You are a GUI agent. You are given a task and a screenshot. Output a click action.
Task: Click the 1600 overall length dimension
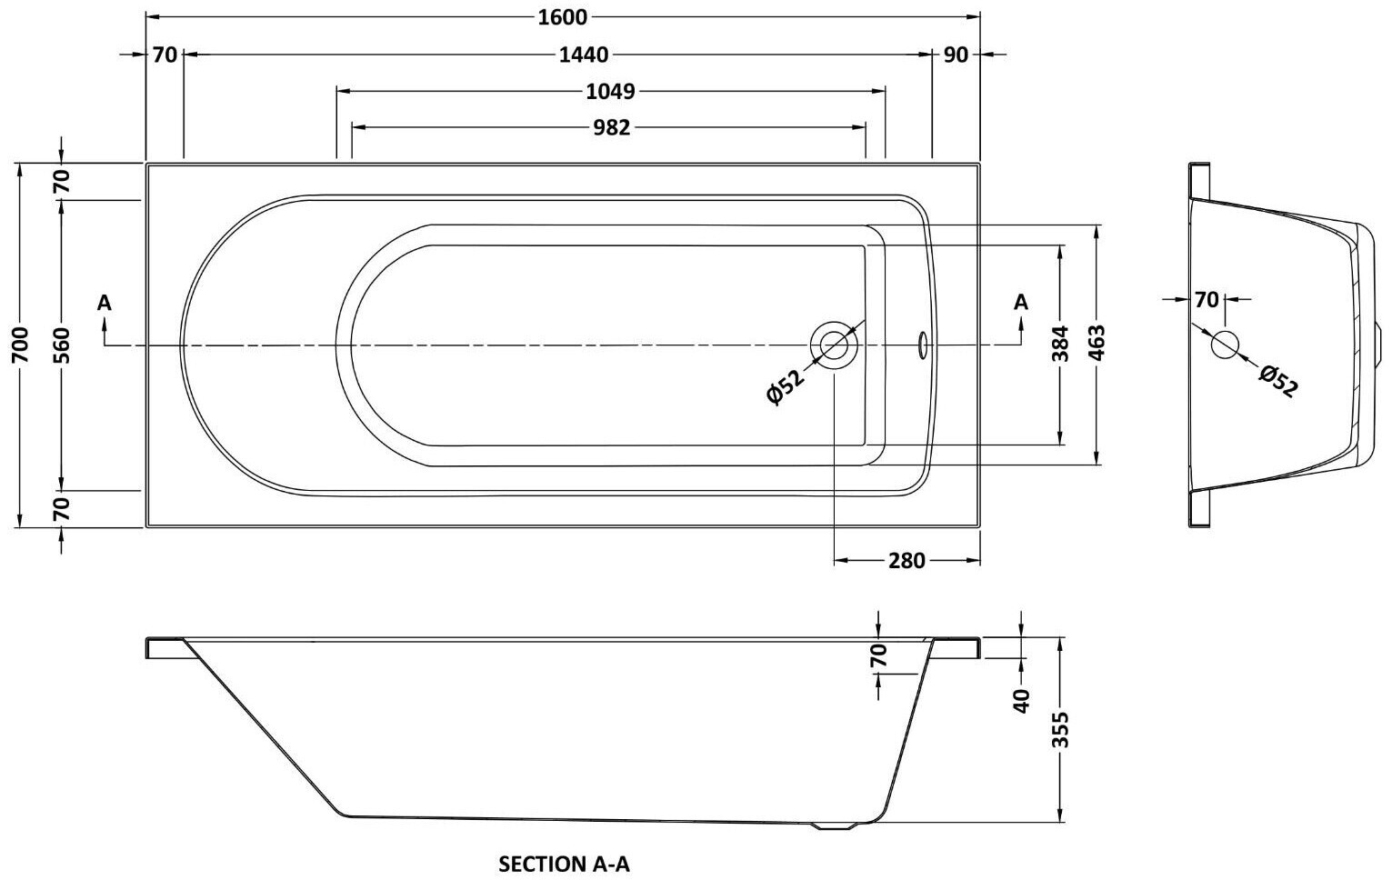pos(563,17)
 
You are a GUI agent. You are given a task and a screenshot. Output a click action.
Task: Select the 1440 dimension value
pos(583,55)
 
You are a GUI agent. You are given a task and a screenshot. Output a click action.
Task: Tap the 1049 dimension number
pos(610,91)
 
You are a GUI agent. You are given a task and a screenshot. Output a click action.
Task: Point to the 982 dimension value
pos(611,127)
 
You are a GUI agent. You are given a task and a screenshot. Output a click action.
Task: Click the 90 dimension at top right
pos(956,55)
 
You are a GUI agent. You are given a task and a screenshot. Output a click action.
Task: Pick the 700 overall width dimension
pos(21,345)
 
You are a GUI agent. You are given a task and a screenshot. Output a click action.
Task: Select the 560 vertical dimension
pos(61,345)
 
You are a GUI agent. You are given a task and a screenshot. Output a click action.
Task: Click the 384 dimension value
pos(1060,345)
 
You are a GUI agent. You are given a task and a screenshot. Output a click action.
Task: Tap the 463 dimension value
pos(1097,345)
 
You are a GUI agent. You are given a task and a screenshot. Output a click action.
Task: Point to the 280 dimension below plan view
pos(906,561)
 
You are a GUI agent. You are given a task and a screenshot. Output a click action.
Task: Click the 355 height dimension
pos(1061,730)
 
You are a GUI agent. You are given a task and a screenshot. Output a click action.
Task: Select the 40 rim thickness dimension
pos(1021,699)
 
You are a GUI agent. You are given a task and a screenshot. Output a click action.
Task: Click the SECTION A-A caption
pos(564,864)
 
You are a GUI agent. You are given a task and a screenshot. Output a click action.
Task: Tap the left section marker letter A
pos(105,302)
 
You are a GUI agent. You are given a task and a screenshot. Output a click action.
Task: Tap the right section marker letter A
pos(1021,302)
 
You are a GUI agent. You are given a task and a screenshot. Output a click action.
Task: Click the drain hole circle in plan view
pos(834,345)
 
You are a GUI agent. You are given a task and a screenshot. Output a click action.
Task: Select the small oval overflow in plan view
pos(923,345)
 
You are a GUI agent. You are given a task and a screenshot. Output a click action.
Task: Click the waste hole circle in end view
pos(1225,345)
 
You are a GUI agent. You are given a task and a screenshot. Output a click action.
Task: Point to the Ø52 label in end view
pos(1278,380)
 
